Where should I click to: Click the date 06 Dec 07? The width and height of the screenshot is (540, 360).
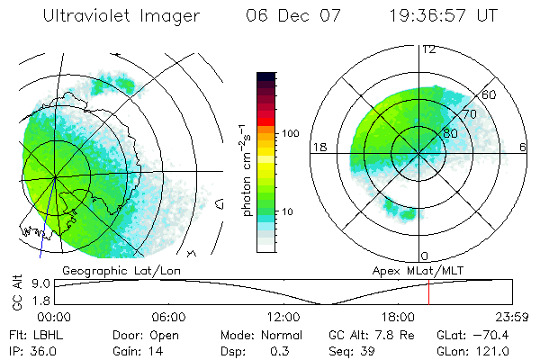click(281, 15)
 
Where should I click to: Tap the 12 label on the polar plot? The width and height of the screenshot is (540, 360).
click(428, 49)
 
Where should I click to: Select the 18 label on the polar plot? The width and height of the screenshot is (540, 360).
click(319, 147)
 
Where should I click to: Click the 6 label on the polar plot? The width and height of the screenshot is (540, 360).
click(524, 147)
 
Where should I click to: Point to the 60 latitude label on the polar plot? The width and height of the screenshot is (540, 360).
click(490, 94)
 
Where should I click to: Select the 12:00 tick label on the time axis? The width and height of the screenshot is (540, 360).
click(283, 317)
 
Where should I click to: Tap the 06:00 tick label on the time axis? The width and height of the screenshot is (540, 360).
click(169, 317)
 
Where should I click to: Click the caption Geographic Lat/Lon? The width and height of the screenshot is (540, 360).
click(111, 269)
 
